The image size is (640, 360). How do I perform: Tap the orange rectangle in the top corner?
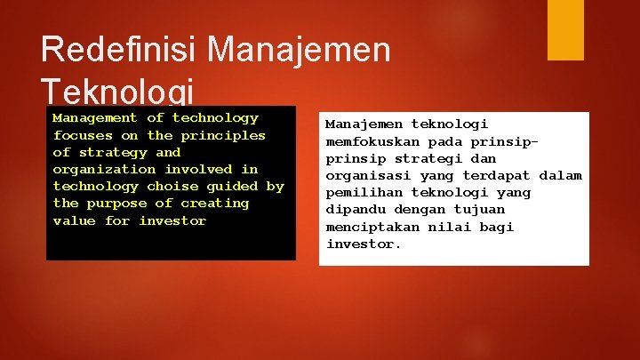point(565,30)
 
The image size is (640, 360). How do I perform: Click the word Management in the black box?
point(95,117)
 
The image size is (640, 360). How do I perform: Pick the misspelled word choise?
point(172,186)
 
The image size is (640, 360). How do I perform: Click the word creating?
point(215,203)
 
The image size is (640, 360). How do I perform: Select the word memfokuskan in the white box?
point(373,141)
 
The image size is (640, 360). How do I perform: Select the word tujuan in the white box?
point(480,210)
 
